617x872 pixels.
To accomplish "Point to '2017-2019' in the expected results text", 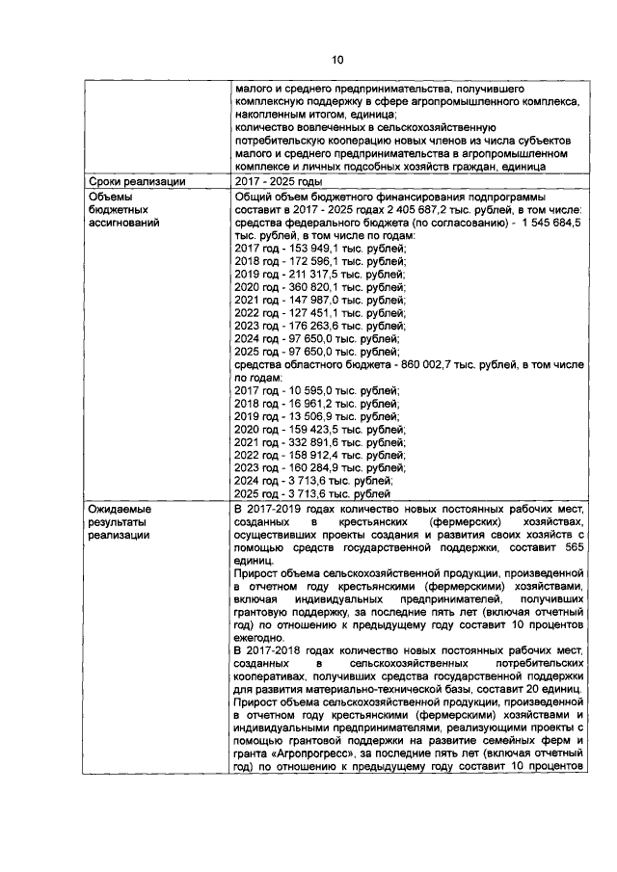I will [277, 509].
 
